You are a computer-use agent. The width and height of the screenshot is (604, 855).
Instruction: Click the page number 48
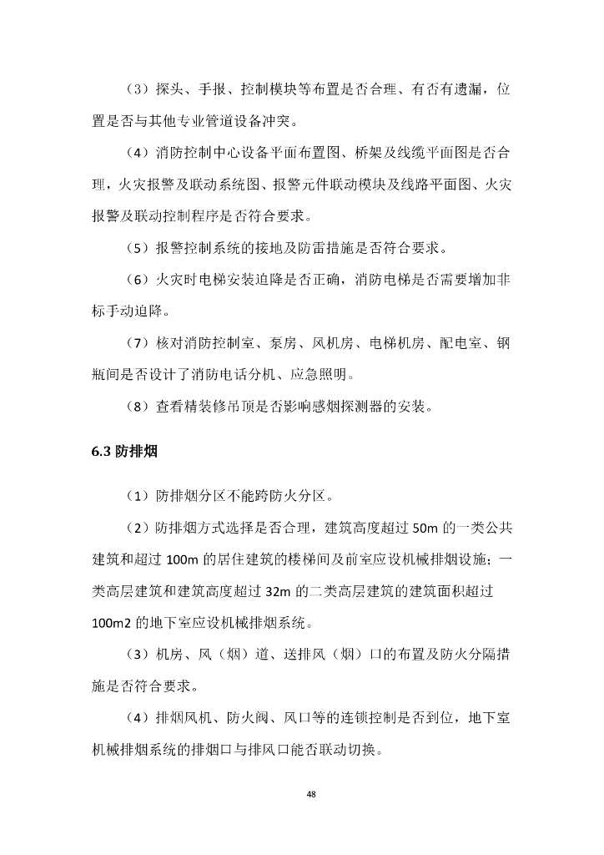coord(310,793)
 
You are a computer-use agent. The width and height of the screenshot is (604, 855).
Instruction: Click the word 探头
coord(171,89)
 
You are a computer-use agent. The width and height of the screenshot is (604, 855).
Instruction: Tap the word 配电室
coord(446,342)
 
